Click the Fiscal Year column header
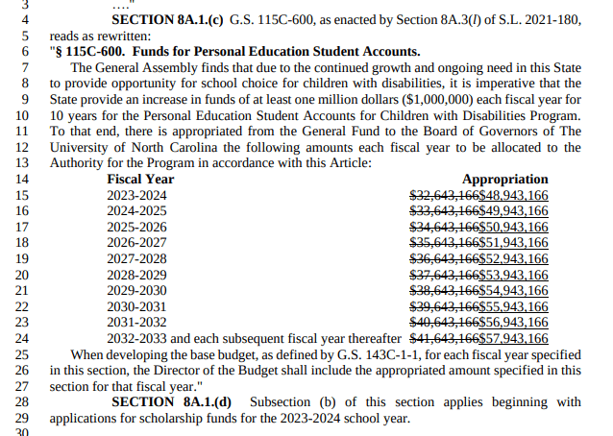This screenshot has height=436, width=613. tap(140, 180)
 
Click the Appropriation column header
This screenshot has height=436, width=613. tap(504, 180)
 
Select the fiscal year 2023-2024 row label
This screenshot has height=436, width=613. tap(136, 195)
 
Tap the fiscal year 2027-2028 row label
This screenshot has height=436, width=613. tap(136, 258)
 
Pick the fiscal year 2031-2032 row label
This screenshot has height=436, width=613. tap(136, 322)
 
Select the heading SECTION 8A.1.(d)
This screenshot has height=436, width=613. tap(180, 401)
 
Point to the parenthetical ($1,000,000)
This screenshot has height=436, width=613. tap(475, 100)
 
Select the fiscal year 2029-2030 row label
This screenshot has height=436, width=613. tap(136, 290)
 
